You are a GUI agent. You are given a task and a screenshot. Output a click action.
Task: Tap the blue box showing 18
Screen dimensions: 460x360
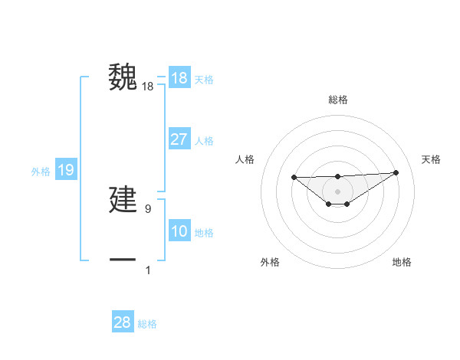pos(179,78)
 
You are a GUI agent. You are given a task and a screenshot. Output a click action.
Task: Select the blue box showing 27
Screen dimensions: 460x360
pos(179,139)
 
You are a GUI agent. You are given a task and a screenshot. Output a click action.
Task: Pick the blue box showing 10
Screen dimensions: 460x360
pos(179,231)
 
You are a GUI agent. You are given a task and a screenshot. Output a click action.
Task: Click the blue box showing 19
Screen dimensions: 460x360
pos(66,170)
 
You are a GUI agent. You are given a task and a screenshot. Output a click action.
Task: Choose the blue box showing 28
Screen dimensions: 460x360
pos(123,322)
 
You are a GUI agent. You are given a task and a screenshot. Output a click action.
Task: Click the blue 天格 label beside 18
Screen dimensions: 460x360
pos(204,79)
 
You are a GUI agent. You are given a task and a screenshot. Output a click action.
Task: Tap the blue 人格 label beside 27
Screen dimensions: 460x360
pos(204,141)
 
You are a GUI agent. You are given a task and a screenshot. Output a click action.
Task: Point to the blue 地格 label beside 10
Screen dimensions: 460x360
pos(204,233)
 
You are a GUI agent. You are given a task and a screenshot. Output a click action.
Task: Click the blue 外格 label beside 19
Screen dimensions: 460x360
pos(41,172)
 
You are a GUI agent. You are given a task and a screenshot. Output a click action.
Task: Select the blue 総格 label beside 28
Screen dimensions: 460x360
pos(147,324)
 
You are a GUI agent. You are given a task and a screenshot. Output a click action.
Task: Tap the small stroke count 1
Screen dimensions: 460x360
pos(148,270)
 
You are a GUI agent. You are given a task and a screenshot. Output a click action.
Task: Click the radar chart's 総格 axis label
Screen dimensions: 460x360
pos(337,100)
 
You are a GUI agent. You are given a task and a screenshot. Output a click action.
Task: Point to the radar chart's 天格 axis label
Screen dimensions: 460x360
pos(431,159)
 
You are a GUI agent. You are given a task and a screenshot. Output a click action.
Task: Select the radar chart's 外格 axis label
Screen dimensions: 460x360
pos(270,262)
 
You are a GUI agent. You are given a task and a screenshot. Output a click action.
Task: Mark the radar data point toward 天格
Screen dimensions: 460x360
pos(396,172)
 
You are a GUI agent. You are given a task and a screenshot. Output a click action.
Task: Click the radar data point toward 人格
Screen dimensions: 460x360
pos(294,178)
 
